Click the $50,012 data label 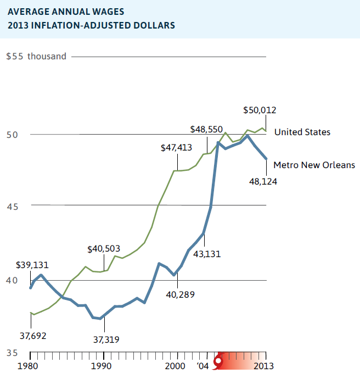260,110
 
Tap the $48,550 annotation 206,130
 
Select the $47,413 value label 177,148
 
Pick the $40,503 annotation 104,249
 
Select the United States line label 302,132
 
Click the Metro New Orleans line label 314,165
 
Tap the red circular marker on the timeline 219,361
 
